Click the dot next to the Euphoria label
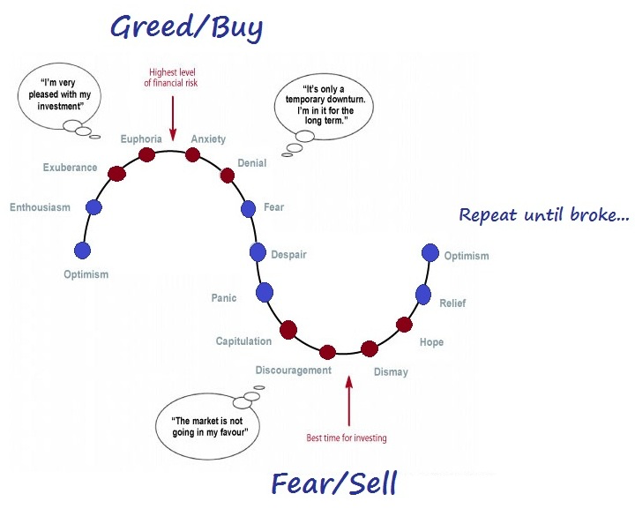pos(146,155)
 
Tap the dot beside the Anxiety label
pos(192,155)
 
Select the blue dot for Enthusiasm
pos(94,207)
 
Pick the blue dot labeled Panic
pos(265,293)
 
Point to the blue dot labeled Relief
pos(422,294)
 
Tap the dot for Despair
pos(258,252)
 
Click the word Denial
pos(252,163)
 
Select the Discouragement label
pos(293,371)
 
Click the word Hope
pos(431,342)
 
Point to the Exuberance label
pos(70,168)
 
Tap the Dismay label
pos(391,372)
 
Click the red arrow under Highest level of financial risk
pos(173,109)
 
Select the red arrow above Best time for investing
pos(349,401)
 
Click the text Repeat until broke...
pos(544,214)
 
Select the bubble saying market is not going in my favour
pos(209,428)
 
